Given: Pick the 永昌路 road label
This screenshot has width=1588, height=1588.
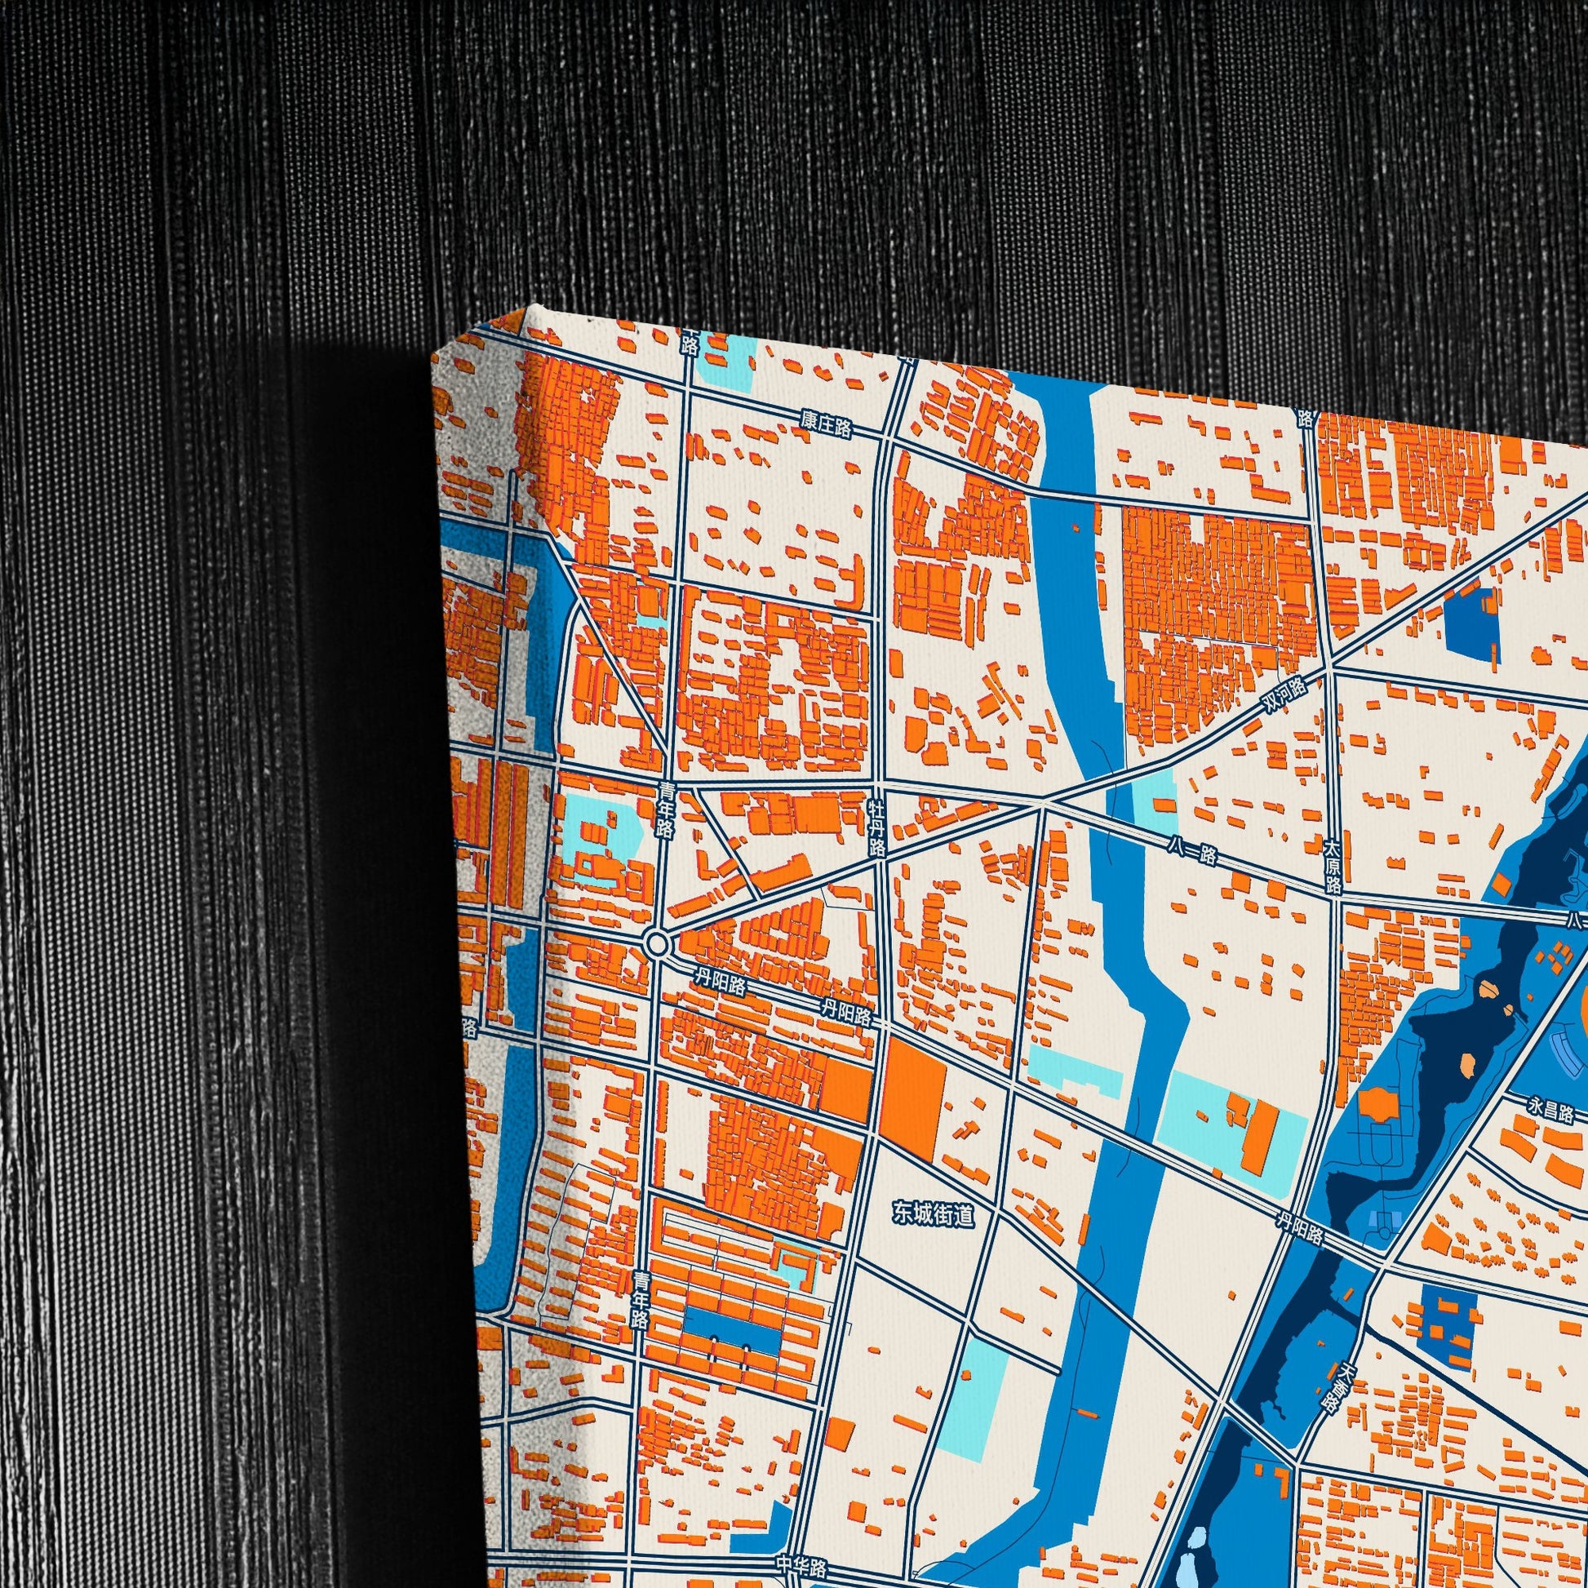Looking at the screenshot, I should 1551,1111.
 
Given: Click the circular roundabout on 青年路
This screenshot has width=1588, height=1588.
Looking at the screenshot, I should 658,943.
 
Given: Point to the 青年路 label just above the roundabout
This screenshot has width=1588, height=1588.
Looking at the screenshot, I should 665,810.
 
